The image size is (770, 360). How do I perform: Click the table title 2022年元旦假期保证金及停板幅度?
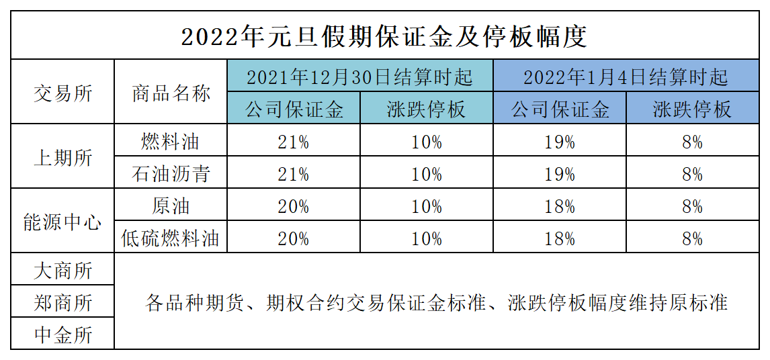point(384,36)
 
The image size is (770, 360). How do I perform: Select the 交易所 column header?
point(62,93)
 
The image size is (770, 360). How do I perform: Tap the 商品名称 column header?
point(171,93)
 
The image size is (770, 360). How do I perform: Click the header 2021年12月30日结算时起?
point(359,77)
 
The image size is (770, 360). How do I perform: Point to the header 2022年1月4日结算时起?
point(626,77)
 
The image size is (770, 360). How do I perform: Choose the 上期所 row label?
point(62,158)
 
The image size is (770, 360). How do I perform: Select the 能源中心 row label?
point(62,222)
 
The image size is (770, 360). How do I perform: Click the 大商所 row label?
point(62,271)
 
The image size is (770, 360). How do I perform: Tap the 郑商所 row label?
point(62,303)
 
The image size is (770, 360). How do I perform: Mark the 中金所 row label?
point(62,334)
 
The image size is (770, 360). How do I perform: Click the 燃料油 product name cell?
point(171,142)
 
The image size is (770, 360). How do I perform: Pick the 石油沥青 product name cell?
point(171,174)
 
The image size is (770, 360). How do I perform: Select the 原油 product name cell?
point(171,206)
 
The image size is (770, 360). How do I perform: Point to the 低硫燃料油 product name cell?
point(171,238)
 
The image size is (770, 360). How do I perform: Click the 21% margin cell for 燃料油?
point(293,142)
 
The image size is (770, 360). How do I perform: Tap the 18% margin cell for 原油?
point(560,206)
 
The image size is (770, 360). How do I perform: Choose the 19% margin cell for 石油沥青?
point(560,174)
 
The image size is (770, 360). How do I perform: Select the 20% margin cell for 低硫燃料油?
point(293,238)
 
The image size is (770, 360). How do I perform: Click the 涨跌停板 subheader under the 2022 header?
point(692,109)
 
